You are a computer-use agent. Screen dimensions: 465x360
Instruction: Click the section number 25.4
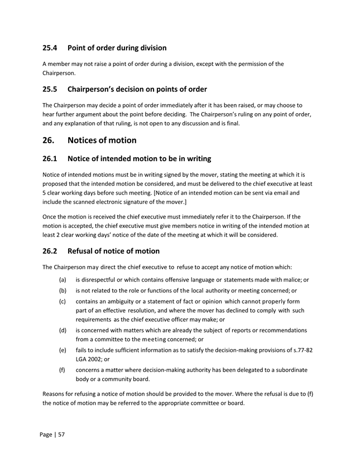51,48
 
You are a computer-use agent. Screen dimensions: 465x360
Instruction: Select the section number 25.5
51,89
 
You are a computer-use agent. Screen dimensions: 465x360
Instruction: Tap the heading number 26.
50,140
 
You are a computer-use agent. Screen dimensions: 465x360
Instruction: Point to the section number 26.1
51,161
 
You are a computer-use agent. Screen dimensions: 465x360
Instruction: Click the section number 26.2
51,251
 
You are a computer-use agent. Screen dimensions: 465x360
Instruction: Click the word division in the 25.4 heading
148,48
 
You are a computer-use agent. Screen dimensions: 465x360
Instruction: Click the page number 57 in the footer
61,434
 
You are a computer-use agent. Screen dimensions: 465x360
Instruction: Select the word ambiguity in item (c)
127,304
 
